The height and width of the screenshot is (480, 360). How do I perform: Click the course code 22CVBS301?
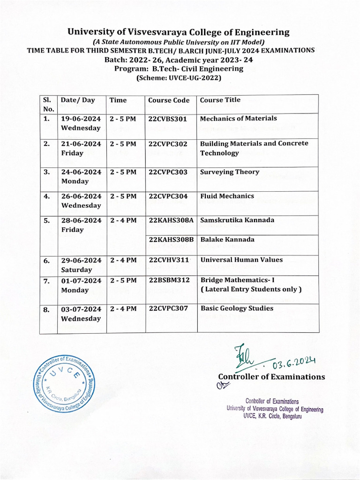coord(167,119)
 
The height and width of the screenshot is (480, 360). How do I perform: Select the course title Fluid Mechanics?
coord(227,196)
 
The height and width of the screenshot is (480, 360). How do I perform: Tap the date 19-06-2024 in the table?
coord(81,119)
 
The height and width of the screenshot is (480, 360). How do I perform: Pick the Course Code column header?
coord(169,100)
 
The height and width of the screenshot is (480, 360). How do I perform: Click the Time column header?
coord(118,100)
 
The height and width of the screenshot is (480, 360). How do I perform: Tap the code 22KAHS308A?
coord(171,220)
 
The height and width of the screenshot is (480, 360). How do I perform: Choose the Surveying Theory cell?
coord(229,172)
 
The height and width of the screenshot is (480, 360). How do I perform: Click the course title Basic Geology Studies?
coord(237,308)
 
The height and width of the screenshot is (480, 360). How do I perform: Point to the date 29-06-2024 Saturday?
coord(81,265)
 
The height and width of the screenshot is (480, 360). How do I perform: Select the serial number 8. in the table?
coord(47,309)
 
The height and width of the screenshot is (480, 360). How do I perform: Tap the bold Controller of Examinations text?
coord(271,377)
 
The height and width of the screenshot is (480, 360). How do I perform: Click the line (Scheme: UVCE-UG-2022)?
coord(179,78)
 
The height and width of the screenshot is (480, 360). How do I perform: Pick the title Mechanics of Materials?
coord(238,119)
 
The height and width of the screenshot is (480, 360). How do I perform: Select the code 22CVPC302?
coord(167,143)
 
